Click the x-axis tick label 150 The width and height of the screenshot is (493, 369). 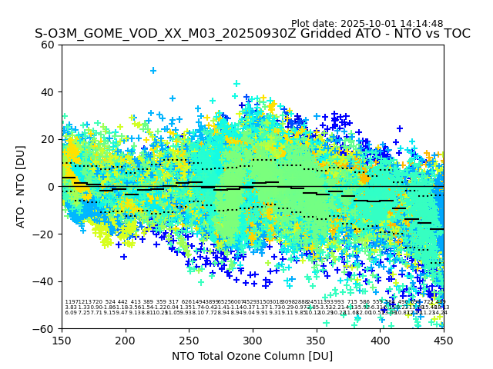pos(62,340)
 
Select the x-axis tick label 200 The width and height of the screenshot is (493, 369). pos(126,340)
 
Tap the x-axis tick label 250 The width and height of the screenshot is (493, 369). pos(189,340)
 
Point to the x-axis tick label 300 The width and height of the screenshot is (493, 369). pos(253,340)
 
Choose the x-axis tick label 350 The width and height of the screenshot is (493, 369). pos(317,340)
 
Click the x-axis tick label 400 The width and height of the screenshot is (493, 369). pos(380,340)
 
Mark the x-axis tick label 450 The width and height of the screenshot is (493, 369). pos(444,340)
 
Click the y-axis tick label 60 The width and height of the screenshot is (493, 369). pos(49,45)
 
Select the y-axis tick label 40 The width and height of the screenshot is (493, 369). pos(49,92)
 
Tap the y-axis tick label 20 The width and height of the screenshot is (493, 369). pos(49,139)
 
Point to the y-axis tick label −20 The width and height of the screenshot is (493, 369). pos(45,234)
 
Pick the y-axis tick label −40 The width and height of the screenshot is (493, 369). pos(45,281)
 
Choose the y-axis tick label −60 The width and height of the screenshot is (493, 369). pos(45,328)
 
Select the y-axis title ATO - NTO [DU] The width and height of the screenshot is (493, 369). pos(21,186)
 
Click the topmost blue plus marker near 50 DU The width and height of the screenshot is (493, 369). pos(153,71)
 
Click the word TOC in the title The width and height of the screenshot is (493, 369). pos(455,35)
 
